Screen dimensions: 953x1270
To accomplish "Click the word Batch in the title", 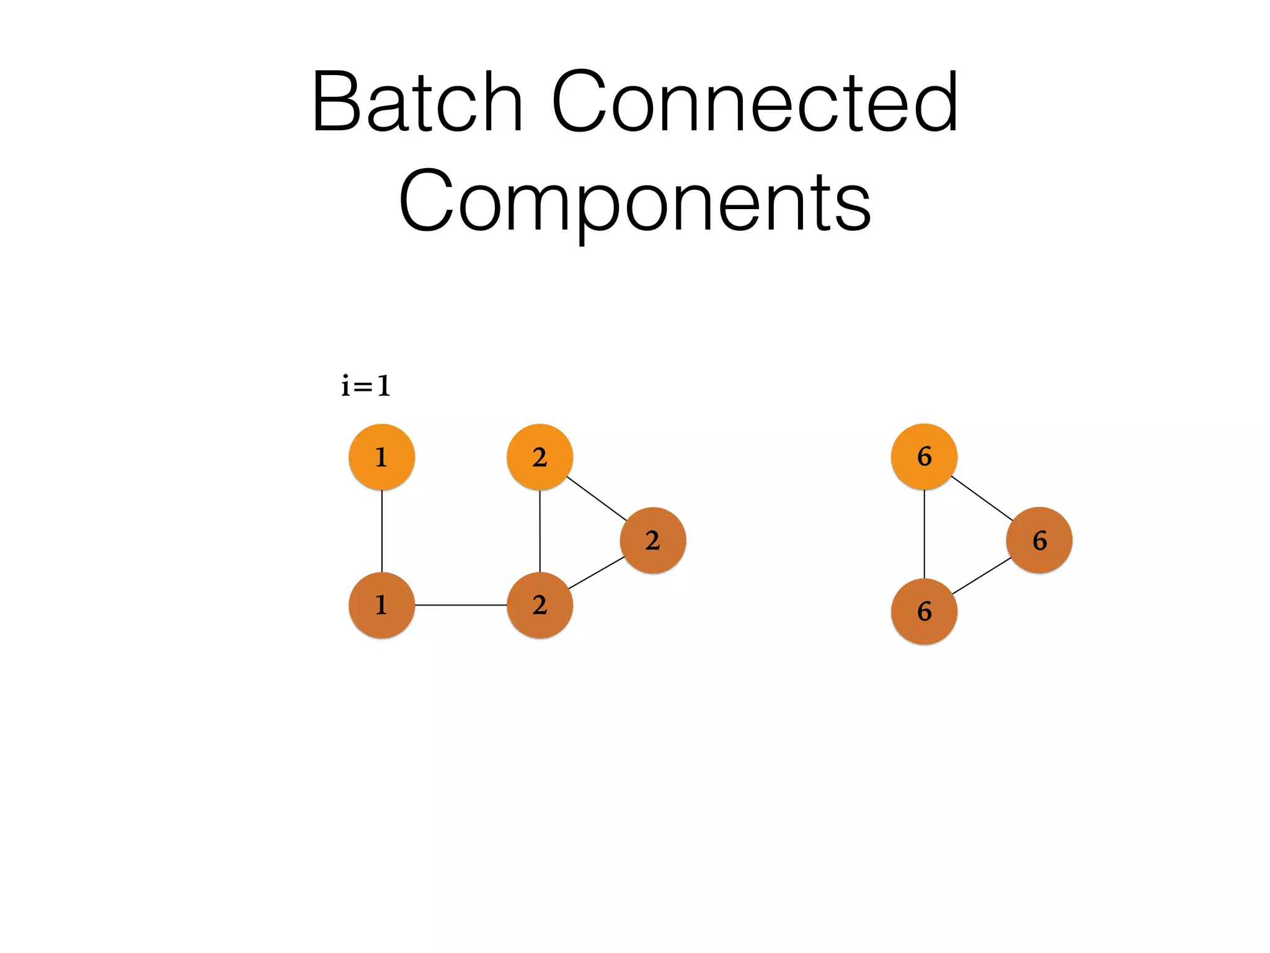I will [x=417, y=102].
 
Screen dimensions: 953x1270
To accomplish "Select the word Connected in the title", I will [x=755, y=102].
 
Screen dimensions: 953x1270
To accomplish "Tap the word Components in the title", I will [x=634, y=201].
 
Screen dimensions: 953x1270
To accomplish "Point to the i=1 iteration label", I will [x=366, y=386].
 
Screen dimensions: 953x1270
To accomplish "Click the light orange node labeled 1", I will [x=381, y=457].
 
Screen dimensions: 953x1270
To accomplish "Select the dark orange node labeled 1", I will [x=381, y=605].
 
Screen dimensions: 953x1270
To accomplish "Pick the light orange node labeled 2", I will [x=540, y=457].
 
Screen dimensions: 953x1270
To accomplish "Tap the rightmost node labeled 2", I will [x=653, y=540].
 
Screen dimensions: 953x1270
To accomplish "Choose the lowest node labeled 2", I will [x=540, y=605].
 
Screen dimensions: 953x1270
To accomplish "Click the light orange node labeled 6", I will [x=924, y=457].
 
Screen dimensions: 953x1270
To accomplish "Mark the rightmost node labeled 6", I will [x=1039, y=540].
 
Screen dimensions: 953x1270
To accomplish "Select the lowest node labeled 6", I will [x=924, y=612].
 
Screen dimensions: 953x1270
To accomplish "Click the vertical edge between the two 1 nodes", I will [x=382, y=531].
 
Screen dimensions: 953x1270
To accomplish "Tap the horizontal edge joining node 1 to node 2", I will [x=461, y=605].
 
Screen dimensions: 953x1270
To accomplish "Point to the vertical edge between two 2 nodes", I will [x=540, y=531].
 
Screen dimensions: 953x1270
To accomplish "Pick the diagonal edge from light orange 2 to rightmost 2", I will [x=597, y=499].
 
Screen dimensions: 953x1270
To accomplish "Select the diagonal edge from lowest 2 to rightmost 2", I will [x=597, y=573].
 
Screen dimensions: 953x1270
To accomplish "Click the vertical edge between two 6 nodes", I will [x=925, y=534].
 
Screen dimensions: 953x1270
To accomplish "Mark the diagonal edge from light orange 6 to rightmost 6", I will [x=982, y=498].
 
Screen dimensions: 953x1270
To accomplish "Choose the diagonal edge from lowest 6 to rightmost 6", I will [x=982, y=576].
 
